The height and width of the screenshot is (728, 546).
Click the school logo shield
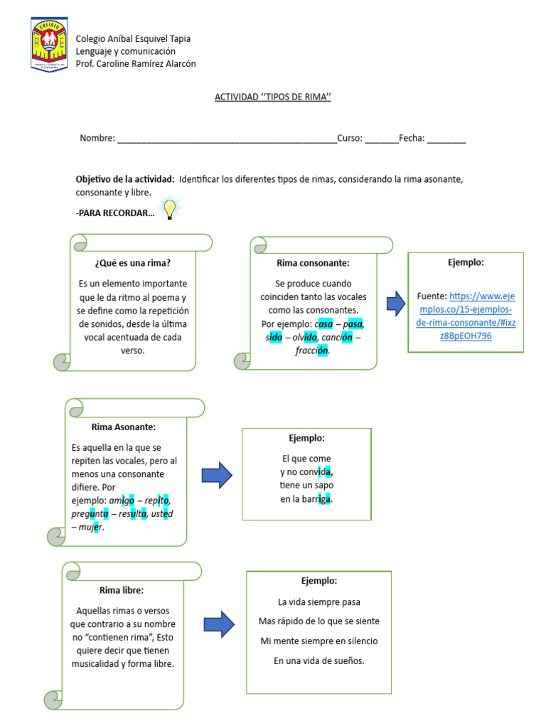pos(49,45)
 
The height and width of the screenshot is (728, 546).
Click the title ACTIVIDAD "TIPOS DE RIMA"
pos(273,97)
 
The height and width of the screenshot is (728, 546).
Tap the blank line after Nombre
pos(227,140)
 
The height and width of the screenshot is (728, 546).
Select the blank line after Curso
pos(382,140)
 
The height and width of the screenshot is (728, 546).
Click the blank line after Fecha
pos(446,140)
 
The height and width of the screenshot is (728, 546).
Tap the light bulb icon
pos(170,209)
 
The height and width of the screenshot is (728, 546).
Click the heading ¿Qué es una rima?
pos(132,263)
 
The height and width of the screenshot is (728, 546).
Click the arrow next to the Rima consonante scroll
pos(396,304)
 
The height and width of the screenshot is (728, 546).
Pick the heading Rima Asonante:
pos(124,427)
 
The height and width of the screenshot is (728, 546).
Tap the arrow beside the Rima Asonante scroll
pos(217,475)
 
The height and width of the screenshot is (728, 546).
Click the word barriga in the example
pos(316,499)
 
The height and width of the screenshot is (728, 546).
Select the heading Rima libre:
pos(122,590)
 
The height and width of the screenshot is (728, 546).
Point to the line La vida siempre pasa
pos(318,601)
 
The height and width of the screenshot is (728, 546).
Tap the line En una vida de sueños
pos(318,660)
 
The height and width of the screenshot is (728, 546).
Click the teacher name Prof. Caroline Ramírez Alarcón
pos(136,64)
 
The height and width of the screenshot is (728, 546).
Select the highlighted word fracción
pos(312,350)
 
